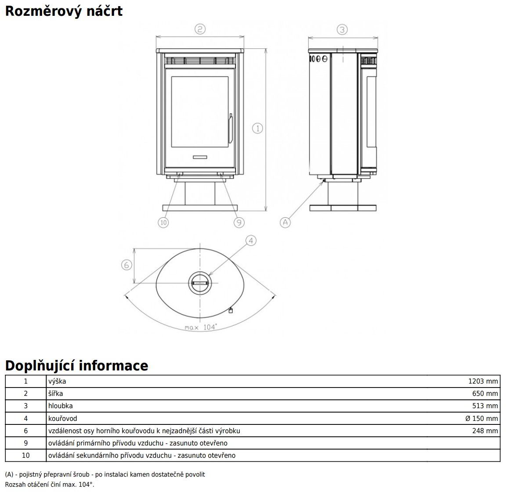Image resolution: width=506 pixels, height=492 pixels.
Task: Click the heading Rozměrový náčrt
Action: click(64, 11)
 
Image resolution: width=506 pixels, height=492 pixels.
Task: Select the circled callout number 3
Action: click(342, 29)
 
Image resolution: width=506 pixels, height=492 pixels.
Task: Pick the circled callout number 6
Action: click(126, 265)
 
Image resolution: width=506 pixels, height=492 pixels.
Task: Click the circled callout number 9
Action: click(239, 223)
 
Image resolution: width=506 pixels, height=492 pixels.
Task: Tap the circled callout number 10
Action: click(163, 223)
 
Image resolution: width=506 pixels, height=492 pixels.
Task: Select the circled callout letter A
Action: click(286, 222)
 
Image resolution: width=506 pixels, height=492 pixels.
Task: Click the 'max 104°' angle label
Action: click(201, 327)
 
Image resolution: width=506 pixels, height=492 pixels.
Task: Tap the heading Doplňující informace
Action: click(76, 366)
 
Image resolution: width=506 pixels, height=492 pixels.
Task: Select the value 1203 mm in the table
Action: click(483, 381)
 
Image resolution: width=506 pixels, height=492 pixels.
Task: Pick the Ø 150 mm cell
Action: click(482, 418)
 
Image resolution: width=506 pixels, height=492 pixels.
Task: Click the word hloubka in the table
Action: click(61, 406)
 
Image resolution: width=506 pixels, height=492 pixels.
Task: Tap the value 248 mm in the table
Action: click(485, 431)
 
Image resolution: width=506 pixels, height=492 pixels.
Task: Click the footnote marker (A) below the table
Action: click(9, 474)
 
